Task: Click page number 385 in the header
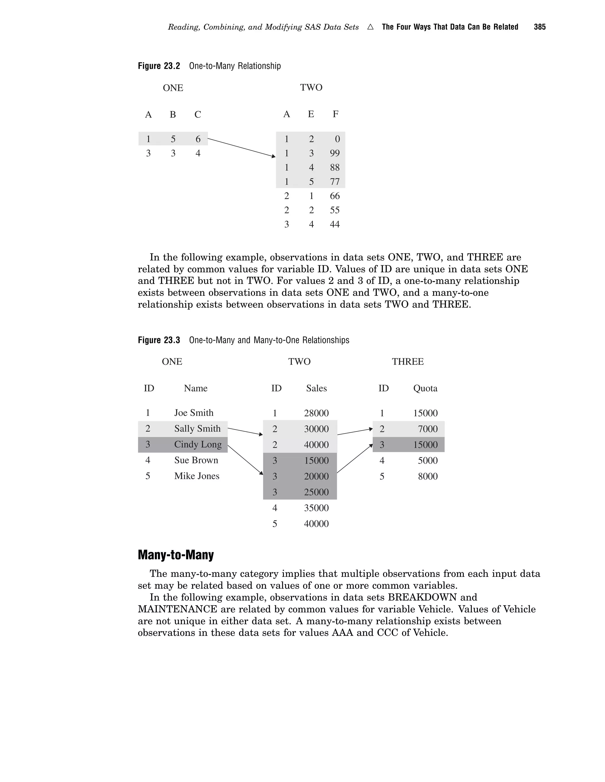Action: pyautogui.click(x=539, y=27)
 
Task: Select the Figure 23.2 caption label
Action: pyautogui.click(x=159, y=66)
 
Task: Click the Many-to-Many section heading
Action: pyautogui.click(x=176, y=555)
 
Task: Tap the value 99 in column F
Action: pyautogui.click(x=334, y=153)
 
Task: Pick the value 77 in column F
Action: pyautogui.click(x=334, y=181)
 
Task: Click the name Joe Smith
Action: pyautogui.click(x=193, y=413)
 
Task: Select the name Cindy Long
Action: pyautogui.click(x=198, y=444)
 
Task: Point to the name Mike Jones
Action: pyautogui.click(x=196, y=476)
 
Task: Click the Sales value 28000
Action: pyautogui.click(x=316, y=413)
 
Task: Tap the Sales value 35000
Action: pyautogui.click(x=316, y=508)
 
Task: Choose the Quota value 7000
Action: pyautogui.click(x=427, y=429)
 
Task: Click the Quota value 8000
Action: pyautogui.click(x=427, y=476)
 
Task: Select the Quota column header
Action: pyautogui.click(x=425, y=389)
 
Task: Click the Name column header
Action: pyautogui.click(x=195, y=389)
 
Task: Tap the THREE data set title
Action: pyautogui.click(x=407, y=362)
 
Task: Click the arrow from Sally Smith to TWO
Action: pyautogui.click(x=245, y=431)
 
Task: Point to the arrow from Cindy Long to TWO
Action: pyautogui.click(x=245, y=460)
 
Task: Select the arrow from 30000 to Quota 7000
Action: pyautogui.click(x=355, y=432)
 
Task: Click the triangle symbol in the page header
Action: pyautogui.click(x=370, y=27)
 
